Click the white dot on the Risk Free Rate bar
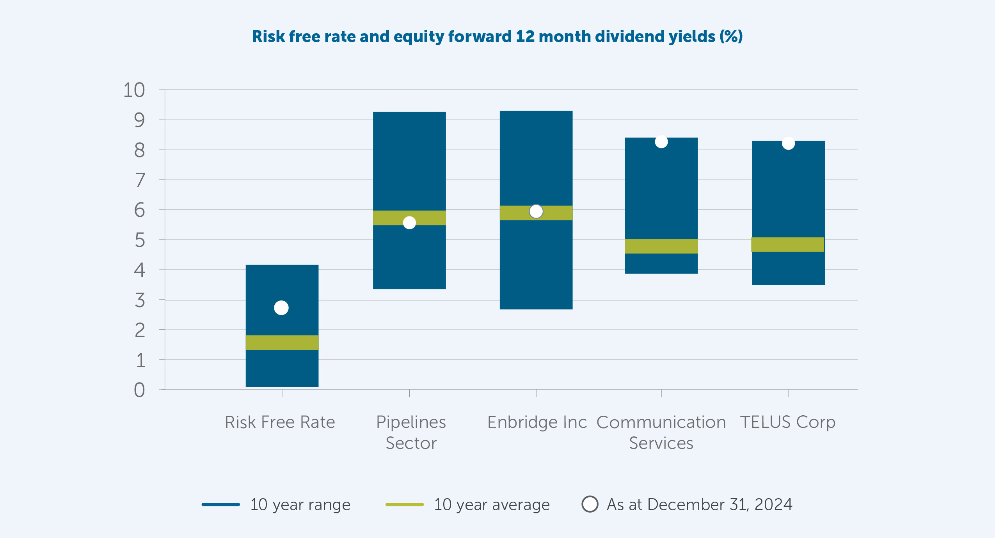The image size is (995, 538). [281, 308]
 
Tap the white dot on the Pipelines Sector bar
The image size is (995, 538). [409, 223]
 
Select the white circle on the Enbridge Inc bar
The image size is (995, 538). [536, 211]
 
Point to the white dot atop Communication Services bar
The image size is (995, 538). [661, 142]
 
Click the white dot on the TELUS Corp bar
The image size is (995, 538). [788, 143]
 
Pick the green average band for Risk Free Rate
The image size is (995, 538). [282, 342]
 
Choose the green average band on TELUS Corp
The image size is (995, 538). [788, 245]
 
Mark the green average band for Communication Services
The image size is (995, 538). [661, 246]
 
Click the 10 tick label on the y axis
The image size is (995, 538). [134, 90]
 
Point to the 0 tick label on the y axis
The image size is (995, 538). [139, 390]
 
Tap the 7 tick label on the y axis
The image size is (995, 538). [140, 181]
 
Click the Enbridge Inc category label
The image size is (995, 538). [537, 422]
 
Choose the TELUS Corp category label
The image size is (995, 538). [787, 422]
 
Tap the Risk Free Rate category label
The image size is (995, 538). [280, 422]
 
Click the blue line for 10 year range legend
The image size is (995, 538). [221, 504]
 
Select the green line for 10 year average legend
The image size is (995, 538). [405, 504]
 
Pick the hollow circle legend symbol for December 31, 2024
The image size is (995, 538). [590, 504]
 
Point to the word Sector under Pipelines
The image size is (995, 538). [411, 443]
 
